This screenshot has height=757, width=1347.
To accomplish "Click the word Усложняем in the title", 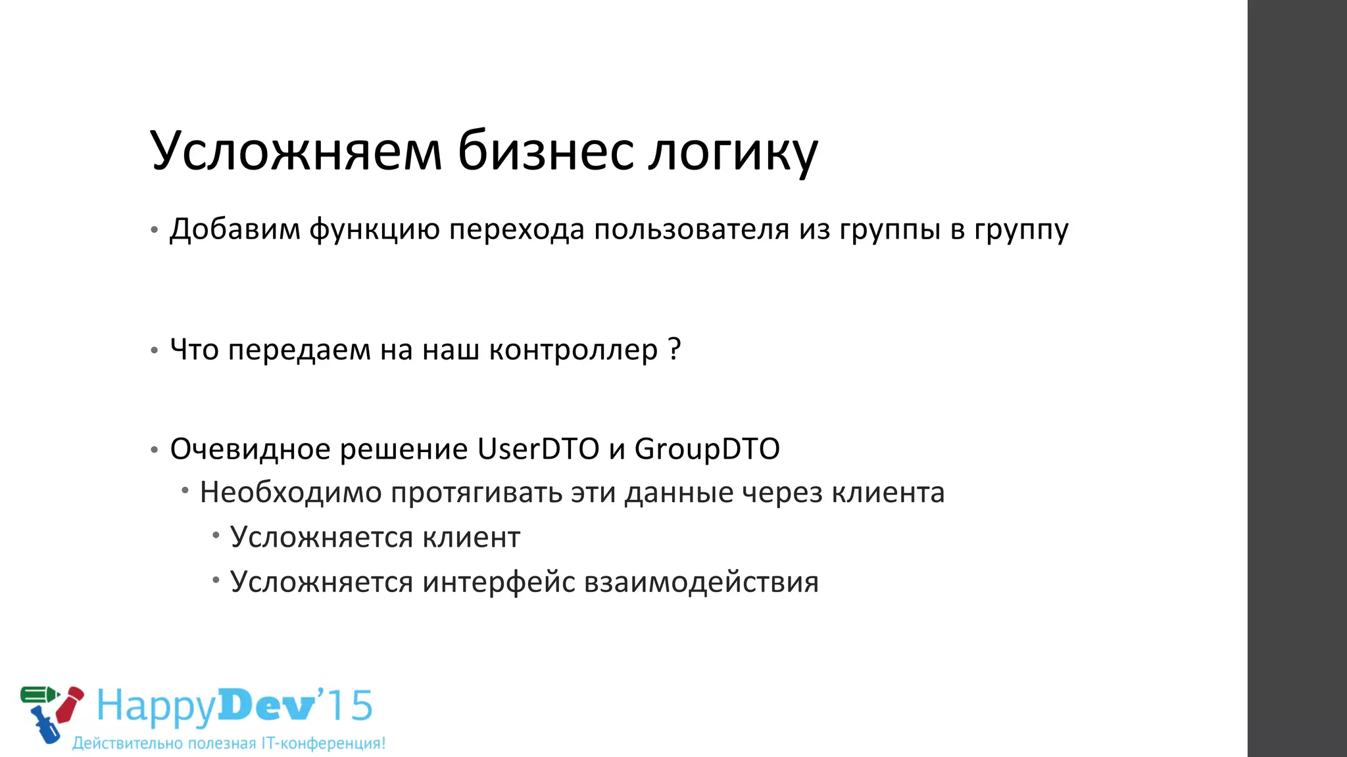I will coord(297,151).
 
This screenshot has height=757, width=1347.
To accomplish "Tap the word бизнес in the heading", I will coord(545,151).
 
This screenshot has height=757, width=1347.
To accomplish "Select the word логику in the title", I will coord(733,152).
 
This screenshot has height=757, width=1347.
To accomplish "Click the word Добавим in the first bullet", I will coord(235,229).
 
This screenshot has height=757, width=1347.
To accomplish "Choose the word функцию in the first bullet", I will coord(374,229).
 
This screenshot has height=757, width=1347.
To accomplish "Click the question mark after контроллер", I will coord(674,349).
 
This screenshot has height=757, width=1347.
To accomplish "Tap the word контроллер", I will coord(573,350).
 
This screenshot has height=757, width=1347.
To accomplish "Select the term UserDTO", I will coord(538,449).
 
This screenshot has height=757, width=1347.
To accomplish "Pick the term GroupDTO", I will coord(707,449).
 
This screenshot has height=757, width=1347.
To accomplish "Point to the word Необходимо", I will coord(291,492).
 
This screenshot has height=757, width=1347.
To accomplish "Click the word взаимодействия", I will coord(701,582).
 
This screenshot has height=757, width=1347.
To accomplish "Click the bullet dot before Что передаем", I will coord(154,350).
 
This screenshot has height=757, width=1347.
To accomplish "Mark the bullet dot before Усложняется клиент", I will coord(216,536).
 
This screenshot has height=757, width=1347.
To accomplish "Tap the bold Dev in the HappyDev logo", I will coord(266,706).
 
